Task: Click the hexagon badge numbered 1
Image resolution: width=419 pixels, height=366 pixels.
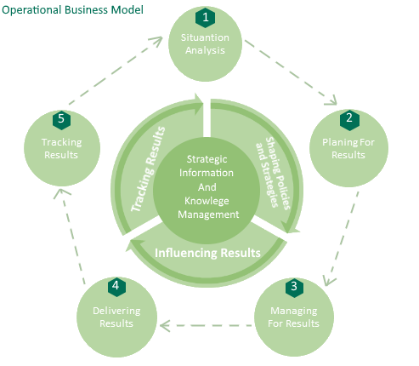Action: pyautogui.click(x=206, y=18)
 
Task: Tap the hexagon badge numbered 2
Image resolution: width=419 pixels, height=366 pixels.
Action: pyautogui.click(x=349, y=120)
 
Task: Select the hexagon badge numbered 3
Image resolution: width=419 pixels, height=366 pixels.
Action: pyautogui.click(x=294, y=288)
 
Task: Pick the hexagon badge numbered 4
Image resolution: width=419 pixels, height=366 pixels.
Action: pyautogui.click(x=116, y=287)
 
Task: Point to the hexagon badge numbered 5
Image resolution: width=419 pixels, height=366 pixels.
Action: pyautogui.click(x=61, y=119)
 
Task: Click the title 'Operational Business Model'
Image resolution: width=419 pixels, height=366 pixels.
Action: pyautogui.click(x=72, y=10)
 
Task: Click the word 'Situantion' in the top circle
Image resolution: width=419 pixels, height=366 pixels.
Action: pyautogui.click(x=205, y=37)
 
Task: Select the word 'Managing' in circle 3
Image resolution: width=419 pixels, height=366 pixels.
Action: pyautogui.click(x=294, y=311)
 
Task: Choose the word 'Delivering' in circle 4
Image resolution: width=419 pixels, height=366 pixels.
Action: pyautogui.click(x=116, y=311)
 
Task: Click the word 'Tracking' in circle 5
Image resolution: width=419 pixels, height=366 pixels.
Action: pyautogui.click(x=62, y=142)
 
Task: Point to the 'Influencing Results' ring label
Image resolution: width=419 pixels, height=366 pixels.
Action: pyautogui.click(x=207, y=253)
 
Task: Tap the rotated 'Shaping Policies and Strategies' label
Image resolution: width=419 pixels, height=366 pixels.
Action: pyautogui.click(x=273, y=173)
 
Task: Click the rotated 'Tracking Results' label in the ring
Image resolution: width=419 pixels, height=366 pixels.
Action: pyautogui.click(x=148, y=169)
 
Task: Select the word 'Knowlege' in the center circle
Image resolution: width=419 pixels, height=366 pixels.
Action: pyautogui.click(x=207, y=201)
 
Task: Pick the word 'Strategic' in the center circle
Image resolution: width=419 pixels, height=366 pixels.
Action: pyautogui.click(x=207, y=159)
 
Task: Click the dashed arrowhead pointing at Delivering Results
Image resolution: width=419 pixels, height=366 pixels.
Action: pyautogui.click(x=165, y=326)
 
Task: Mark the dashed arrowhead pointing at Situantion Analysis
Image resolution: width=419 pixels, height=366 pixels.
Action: pyautogui.click(x=156, y=42)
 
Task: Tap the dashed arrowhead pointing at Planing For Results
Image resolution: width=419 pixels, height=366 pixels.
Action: pyautogui.click(x=331, y=100)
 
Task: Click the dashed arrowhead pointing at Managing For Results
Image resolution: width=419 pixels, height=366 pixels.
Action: pyautogui.click(x=329, y=280)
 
